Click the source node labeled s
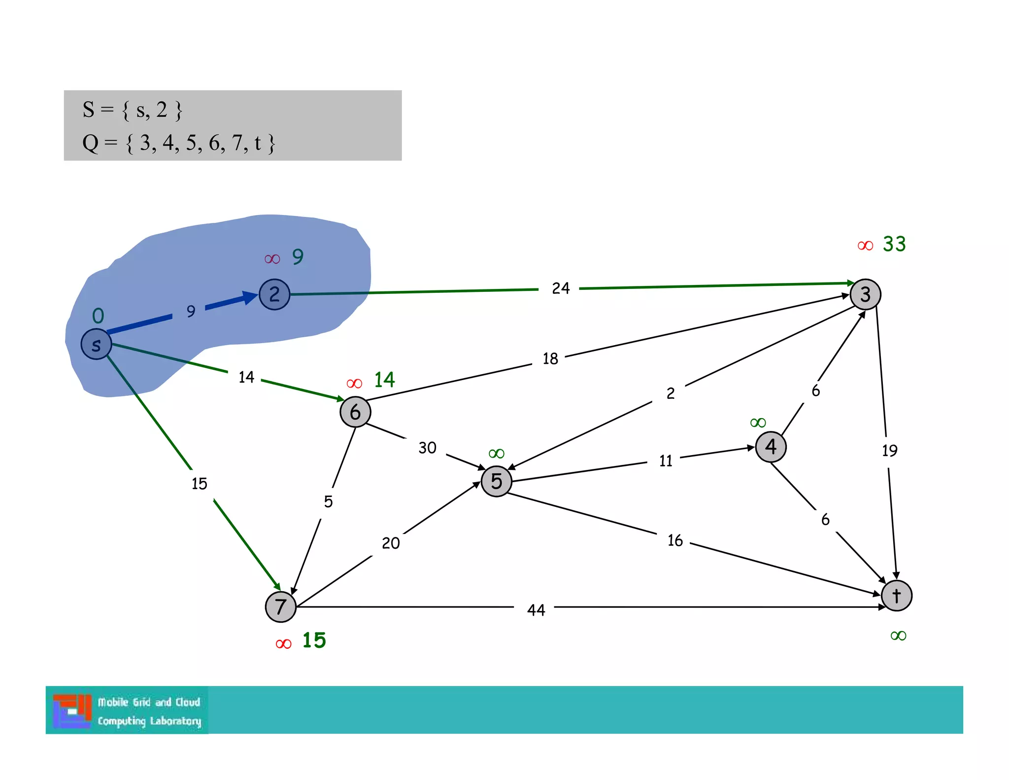(96, 344)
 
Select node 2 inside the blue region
(274, 294)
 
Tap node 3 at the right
(865, 294)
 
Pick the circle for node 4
(771, 447)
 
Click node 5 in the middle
(496, 481)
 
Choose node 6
(355, 412)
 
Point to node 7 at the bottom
(281, 606)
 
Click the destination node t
(897, 596)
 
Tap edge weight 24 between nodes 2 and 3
(561, 288)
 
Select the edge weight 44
(536, 610)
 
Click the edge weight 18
(550, 358)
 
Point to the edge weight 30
(427, 448)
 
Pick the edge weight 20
(391, 543)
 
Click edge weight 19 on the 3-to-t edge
(889, 450)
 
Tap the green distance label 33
(894, 244)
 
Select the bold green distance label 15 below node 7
(314, 640)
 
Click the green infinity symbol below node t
(898, 636)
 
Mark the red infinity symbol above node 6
(354, 384)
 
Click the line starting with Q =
(178, 143)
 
